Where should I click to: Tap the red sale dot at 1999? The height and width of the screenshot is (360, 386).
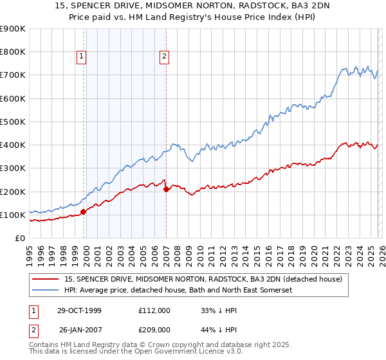[84, 212]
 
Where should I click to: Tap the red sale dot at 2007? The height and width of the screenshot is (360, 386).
[166, 189]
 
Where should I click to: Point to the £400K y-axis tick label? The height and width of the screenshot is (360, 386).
[13, 145]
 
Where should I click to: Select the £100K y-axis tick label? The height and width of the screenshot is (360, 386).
[13, 215]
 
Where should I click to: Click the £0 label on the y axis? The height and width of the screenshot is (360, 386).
[20, 238]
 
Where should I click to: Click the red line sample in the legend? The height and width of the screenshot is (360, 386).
[46, 279]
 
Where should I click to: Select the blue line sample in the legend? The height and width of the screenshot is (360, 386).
[46, 290]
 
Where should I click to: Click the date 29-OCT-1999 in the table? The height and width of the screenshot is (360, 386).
[80, 310]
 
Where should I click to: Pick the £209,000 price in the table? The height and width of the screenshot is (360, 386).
[154, 331]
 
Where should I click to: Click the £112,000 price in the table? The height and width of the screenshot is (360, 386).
[154, 310]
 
